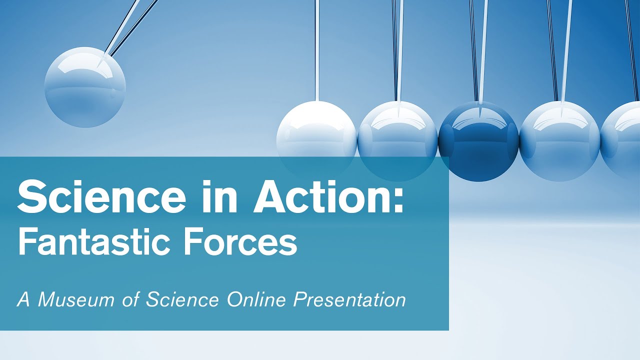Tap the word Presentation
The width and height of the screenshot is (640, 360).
pos(349,300)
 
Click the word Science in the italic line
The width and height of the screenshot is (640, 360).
pos(182,299)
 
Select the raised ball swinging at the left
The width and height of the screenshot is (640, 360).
pos(85,87)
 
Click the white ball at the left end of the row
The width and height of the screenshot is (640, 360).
pos(316,132)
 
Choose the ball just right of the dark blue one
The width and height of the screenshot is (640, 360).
pos(559,140)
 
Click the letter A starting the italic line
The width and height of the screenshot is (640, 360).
pos(23,299)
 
